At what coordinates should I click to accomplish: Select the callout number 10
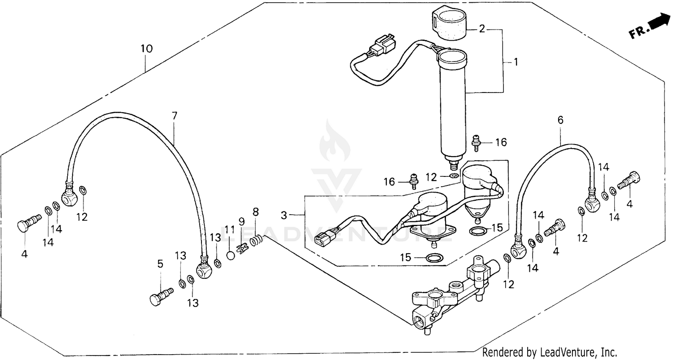[x=147, y=48]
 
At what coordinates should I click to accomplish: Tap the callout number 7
[x=175, y=116]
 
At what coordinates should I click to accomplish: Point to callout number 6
[x=560, y=120]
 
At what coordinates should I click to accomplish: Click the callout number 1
[x=516, y=62]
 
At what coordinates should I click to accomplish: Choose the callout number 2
[x=482, y=30]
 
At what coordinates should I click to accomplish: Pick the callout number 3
[x=284, y=215]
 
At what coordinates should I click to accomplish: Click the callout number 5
[x=160, y=264]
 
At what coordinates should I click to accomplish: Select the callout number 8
[x=256, y=211]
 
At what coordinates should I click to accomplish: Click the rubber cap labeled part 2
[x=450, y=25]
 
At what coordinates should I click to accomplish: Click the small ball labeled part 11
[x=230, y=255]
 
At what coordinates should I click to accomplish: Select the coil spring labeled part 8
[x=257, y=241]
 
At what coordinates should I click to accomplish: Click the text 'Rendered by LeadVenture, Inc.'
[x=550, y=351]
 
